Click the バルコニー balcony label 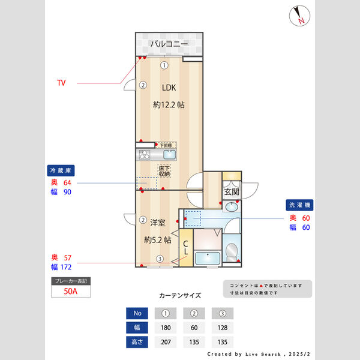tap(169, 44)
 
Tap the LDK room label tap(169, 87)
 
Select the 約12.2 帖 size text tap(169, 104)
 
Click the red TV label tap(61, 82)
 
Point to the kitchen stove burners tap(145, 155)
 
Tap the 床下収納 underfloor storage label tap(164, 170)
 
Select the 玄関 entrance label tap(231, 192)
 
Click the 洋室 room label tap(158, 222)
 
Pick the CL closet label tap(186, 248)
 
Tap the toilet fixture tap(232, 248)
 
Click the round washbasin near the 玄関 tap(232, 207)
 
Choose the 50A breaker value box tap(70, 292)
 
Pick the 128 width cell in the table tap(223, 328)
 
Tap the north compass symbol tap(298, 16)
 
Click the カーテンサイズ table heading tap(180, 296)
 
